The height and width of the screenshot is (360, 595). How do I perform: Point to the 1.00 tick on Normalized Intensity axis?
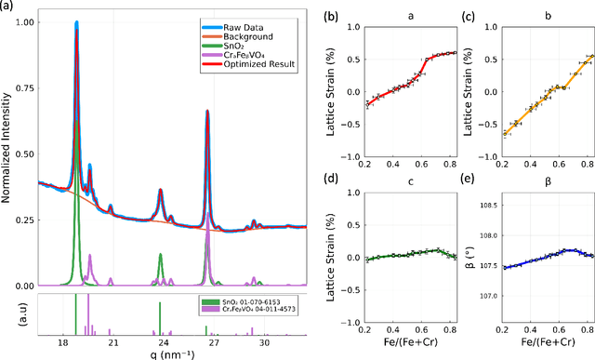[26, 21]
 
